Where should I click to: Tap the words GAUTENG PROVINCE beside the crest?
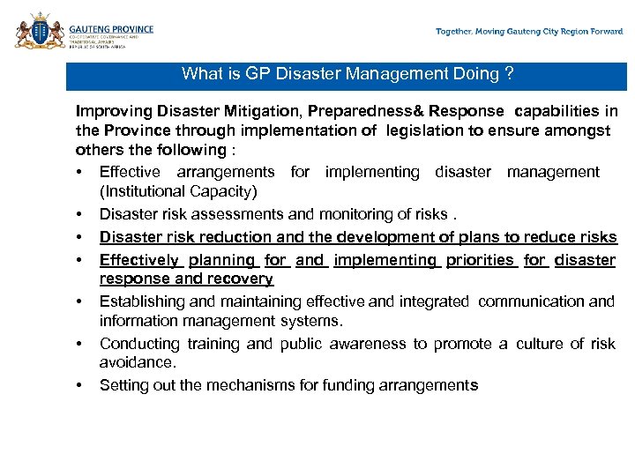[x=112, y=29]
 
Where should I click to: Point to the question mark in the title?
[x=509, y=74]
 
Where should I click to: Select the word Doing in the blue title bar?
[x=473, y=74]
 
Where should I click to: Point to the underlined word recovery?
[x=239, y=279]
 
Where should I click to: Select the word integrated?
[x=433, y=301]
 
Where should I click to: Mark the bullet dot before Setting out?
[x=79, y=386]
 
